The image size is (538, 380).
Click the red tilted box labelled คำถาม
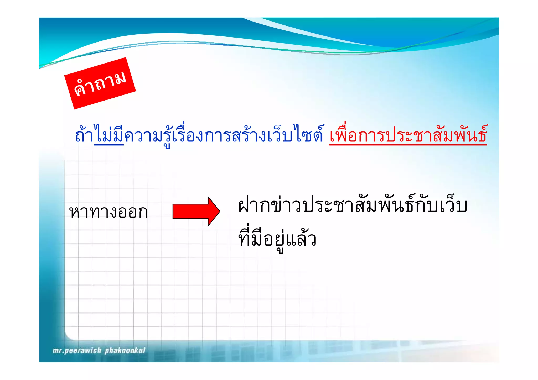(x=100, y=83)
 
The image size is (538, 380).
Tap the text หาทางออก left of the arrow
(x=108, y=212)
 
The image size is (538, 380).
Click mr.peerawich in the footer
(x=77, y=351)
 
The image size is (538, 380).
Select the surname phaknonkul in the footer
(x=125, y=351)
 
